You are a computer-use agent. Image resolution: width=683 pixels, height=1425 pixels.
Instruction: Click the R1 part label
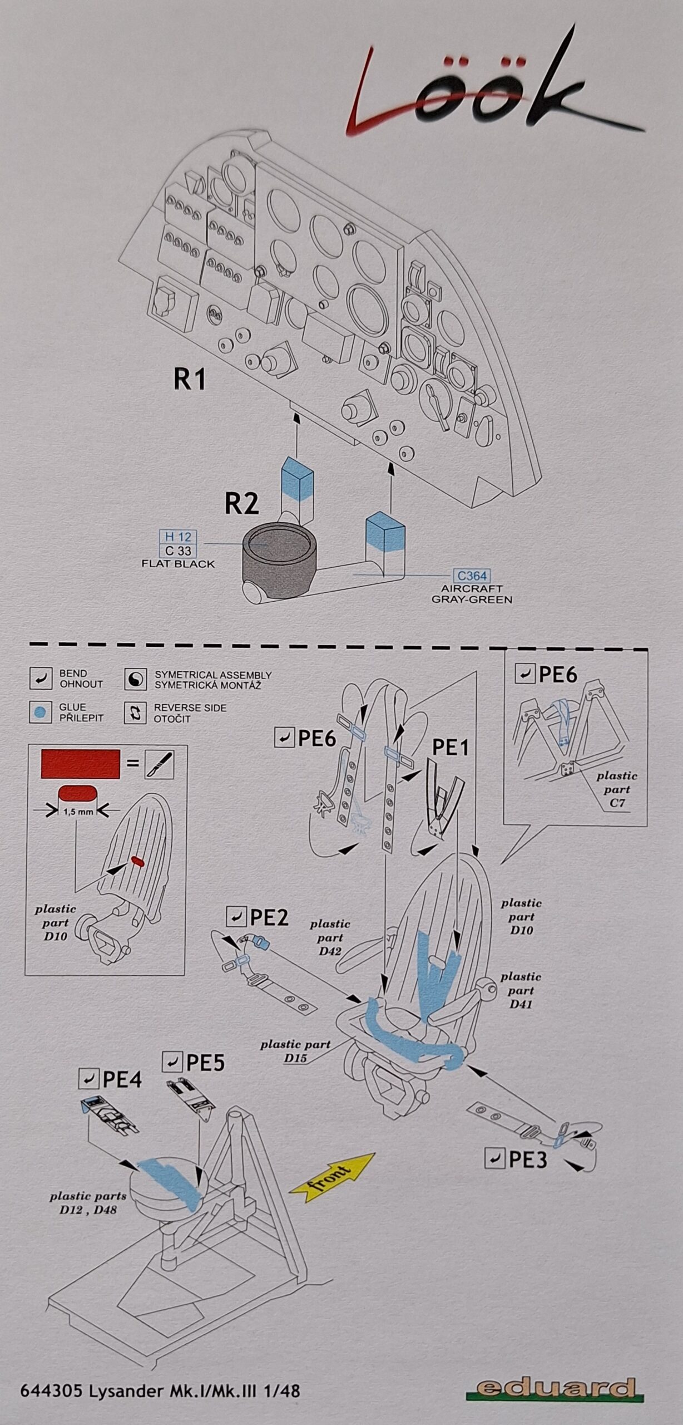(x=190, y=380)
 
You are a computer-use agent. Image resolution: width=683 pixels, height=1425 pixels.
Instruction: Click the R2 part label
(x=241, y=503)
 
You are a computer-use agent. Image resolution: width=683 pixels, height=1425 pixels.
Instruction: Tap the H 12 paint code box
(x=178, y=537)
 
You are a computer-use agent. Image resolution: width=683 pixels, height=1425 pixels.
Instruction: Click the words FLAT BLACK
(x=178, y=564)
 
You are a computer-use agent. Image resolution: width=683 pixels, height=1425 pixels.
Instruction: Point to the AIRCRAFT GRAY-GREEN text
(x=472, y=594)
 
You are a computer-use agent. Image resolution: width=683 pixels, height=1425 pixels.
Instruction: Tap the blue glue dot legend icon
(x=40, y=713)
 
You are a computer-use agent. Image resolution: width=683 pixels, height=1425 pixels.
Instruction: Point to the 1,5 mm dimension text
(x=78, y=812)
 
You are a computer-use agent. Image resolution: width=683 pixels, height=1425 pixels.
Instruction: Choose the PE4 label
(x=122, y=1080)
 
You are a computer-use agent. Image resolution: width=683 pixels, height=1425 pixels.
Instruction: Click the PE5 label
(x=205, y=1063)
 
